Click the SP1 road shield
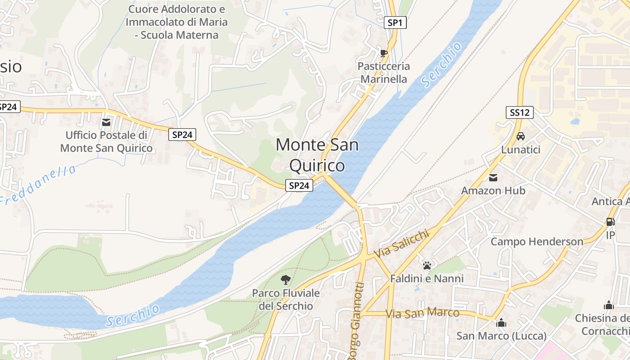[395, 23]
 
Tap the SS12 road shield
[520, 112]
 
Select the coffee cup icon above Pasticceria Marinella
[383, 54]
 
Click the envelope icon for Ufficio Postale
[106, 122]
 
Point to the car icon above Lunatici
[520, 136]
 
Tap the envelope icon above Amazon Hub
[493, 177]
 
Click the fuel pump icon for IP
[610, 222]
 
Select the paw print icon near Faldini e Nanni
[427, 265]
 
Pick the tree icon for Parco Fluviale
[285, 280]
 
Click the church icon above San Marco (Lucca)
[501, 323]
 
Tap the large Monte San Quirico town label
[317, 155]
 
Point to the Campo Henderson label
[537, 242]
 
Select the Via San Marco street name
[423, 313]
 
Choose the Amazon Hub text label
[493, 190]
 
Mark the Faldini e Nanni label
[427, 279]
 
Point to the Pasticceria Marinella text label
[384, 72]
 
